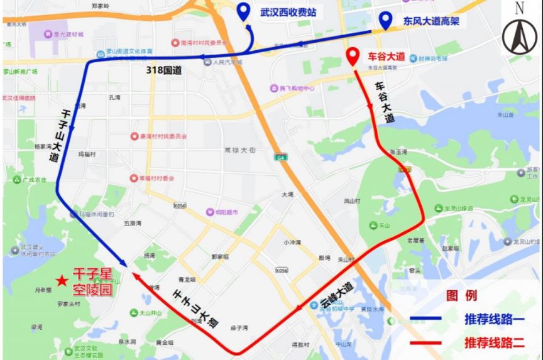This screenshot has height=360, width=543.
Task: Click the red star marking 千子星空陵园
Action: (x=60, y=281)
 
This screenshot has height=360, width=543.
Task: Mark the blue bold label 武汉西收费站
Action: (x=288, y=11)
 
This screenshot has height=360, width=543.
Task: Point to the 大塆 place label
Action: (x=287, y=195)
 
